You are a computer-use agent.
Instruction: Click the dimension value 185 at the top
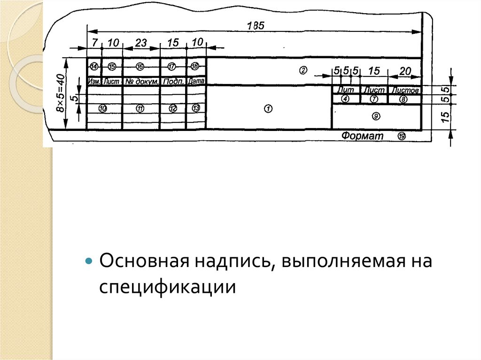(x=256, y=26)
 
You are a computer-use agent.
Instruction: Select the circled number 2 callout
(x=303, y=70)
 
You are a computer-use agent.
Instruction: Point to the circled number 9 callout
(x=375, y=115)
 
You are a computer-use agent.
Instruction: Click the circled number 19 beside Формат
(x=401, y=136)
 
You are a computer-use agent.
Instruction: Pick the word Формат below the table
(x=362, y=136)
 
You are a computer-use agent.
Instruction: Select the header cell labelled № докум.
(x=141, y=81)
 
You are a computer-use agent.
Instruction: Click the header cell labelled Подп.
(x=173, y=81)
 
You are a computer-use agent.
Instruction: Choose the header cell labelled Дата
(x=196, y=81)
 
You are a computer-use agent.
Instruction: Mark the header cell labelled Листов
(x=405, y=90)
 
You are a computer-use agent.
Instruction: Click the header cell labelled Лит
(x=346, y=90)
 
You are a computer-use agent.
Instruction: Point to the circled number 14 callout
(x=94, y=66)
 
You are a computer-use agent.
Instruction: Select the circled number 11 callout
(x=140, y=108)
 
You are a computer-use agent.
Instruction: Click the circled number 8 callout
(x=403, y=99)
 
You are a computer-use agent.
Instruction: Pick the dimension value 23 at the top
(x=141, y=43)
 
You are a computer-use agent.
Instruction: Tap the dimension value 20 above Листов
(x=404, y=71)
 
